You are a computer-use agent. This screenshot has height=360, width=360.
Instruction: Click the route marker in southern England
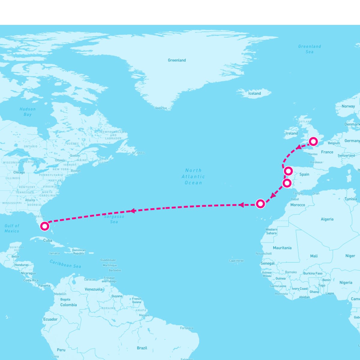[313, 141]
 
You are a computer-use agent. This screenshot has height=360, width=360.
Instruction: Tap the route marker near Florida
[45, 226]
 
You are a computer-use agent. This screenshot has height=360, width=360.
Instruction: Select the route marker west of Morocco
[260, 204]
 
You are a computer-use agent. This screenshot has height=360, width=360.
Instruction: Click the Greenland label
[177, 60]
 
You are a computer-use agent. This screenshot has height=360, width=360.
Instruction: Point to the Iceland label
[254, 94]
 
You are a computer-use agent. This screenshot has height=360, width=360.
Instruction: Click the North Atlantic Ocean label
[193, 176]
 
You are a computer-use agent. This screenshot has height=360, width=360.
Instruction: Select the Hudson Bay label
[28, 112]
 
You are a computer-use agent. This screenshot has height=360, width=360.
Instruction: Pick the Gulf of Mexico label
[12, 228]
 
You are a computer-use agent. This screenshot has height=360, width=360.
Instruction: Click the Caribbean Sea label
[65, 264]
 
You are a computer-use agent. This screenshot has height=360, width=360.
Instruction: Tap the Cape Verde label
[236, 261]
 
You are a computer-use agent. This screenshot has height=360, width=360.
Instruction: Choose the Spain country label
[304, 174]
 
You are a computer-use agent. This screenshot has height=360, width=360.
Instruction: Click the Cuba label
[48, 240]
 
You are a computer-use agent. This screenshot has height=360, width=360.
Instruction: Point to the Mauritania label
[282, 248]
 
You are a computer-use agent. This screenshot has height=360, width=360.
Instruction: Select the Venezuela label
[93, 289]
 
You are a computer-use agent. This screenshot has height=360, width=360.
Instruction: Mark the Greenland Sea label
[310, 49]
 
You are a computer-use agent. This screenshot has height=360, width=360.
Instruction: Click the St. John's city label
[138, 153]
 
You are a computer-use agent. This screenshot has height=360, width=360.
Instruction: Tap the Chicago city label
[19, 172]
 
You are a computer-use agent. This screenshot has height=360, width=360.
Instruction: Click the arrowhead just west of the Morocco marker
[241, 205]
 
